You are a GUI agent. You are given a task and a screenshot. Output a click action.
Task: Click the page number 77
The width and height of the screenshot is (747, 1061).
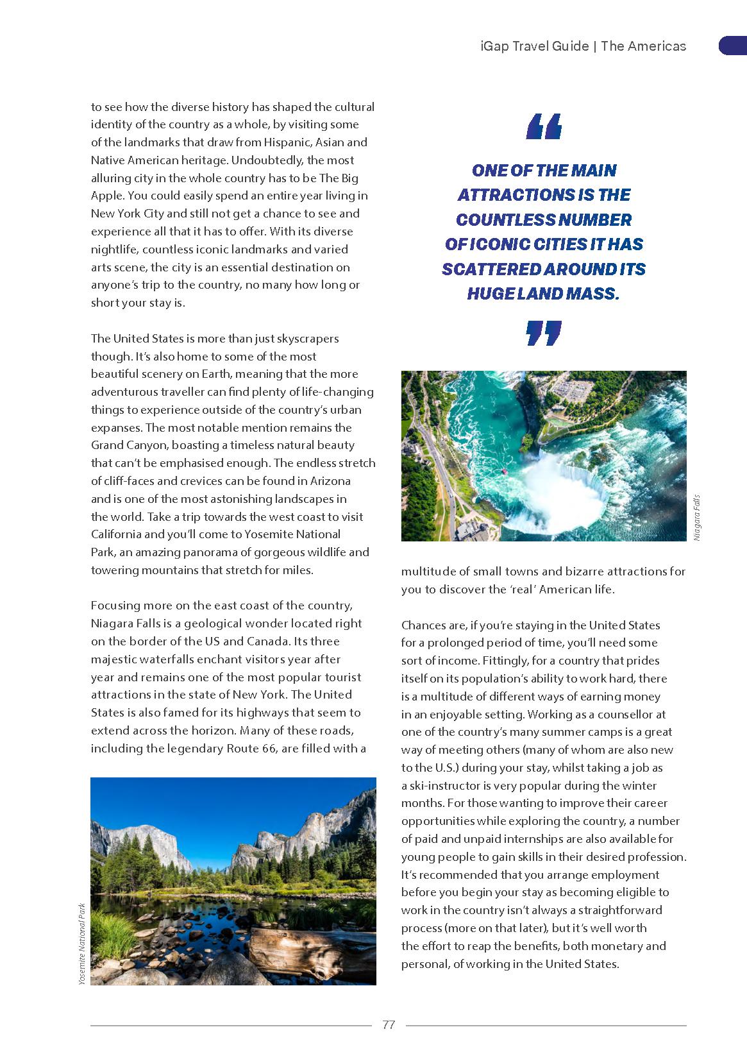click(389, 1024)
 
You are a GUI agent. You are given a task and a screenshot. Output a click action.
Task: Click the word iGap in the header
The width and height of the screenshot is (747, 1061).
click(494, 46)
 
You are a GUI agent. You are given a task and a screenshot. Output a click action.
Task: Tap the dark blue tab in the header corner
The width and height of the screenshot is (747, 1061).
click(732, 46)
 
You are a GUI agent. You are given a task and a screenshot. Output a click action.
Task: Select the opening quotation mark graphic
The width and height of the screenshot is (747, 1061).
click(544, 126)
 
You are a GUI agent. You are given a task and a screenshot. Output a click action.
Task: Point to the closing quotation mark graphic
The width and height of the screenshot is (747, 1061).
click(544, 334)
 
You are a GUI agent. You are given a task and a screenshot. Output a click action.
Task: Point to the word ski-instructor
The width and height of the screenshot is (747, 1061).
click(447, 785)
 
